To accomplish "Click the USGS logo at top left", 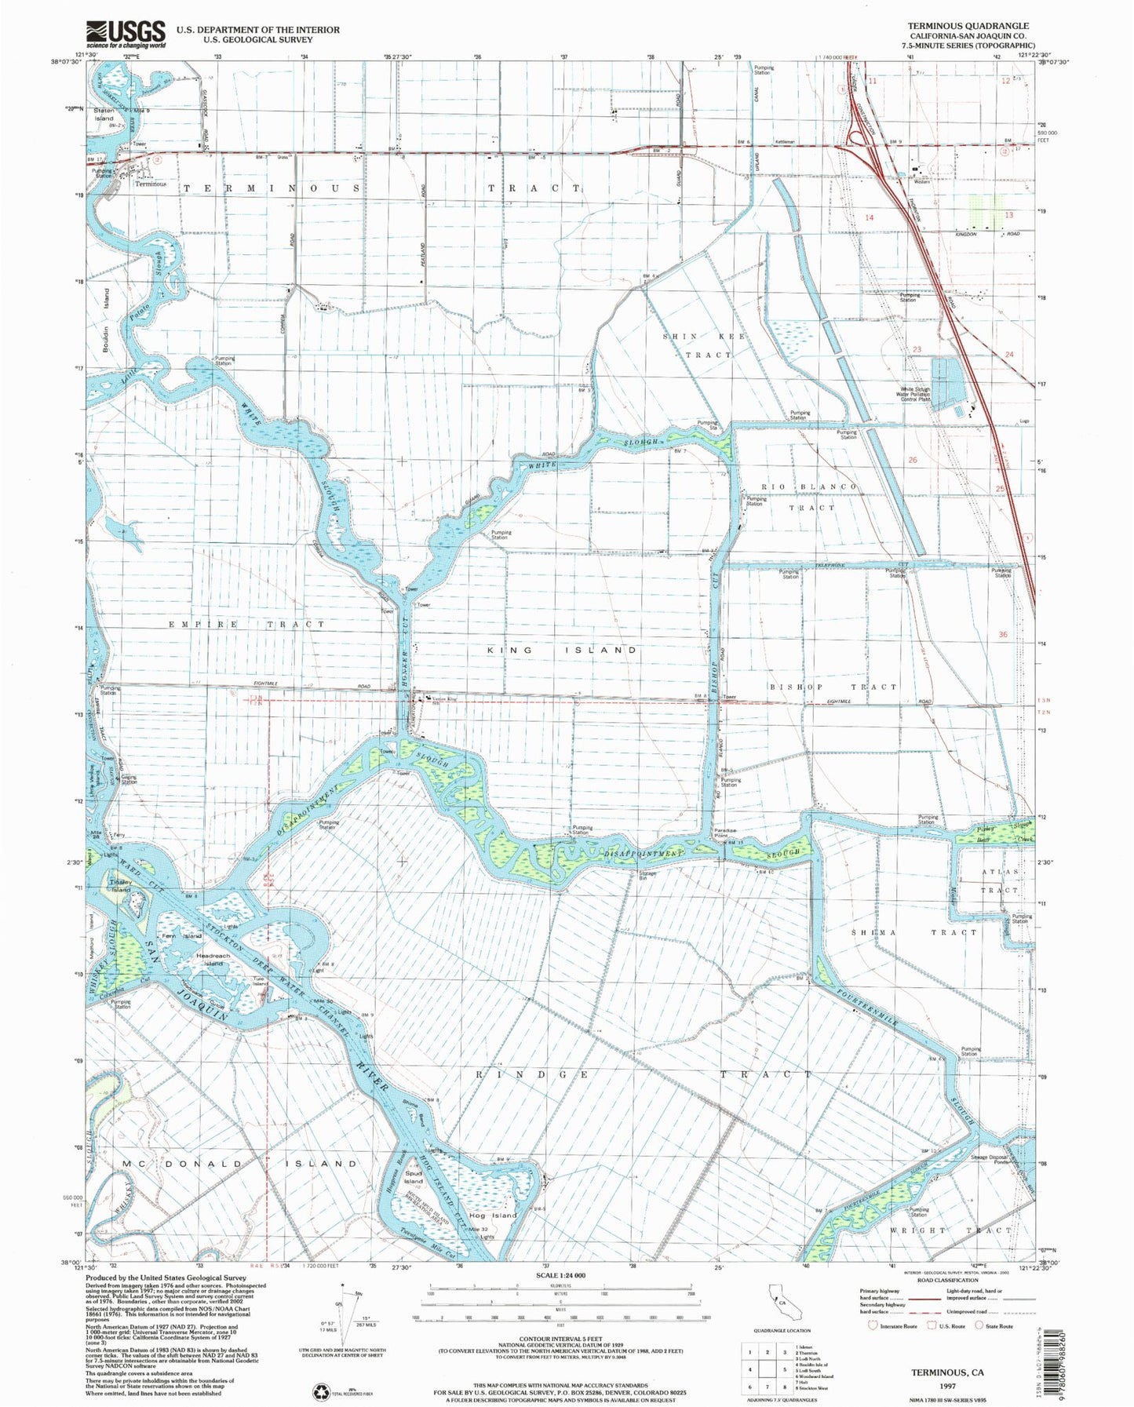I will [x=126, y=34].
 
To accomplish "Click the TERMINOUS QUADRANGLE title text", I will [x=968, y=26].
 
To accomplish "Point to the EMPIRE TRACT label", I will [x=246, y=625].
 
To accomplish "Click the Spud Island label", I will [x=414, y=1178].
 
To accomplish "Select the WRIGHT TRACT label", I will [x=951, y=1230].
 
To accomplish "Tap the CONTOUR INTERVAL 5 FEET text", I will [x=560, y=1340].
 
